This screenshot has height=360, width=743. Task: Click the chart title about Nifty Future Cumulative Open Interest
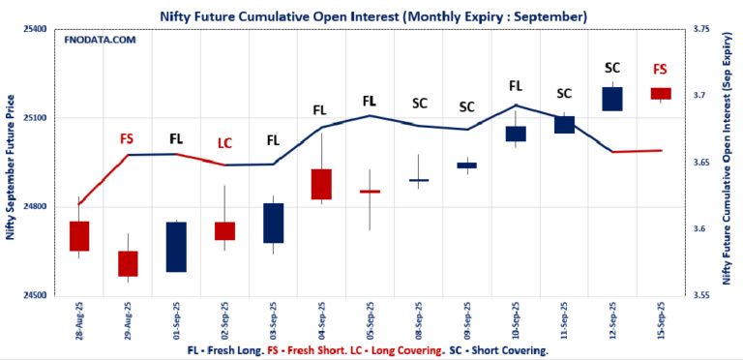(371, 16)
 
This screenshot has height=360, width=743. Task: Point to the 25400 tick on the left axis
(36, 30)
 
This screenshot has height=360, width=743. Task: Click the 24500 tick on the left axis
(36, 295)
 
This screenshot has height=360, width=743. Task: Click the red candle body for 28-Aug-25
(79, 236)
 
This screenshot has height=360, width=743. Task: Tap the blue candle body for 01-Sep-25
(176, 247)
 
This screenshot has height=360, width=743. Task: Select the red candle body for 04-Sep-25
(321, 184)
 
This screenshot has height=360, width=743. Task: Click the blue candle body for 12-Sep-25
(611, 99)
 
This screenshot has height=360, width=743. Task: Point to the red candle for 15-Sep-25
(660, 93)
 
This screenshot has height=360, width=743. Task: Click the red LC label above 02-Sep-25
(224, 143)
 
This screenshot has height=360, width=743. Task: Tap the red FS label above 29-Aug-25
(127, 138)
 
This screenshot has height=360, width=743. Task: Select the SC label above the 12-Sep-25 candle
(611, 68)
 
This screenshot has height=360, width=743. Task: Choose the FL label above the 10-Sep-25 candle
(515, 85)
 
